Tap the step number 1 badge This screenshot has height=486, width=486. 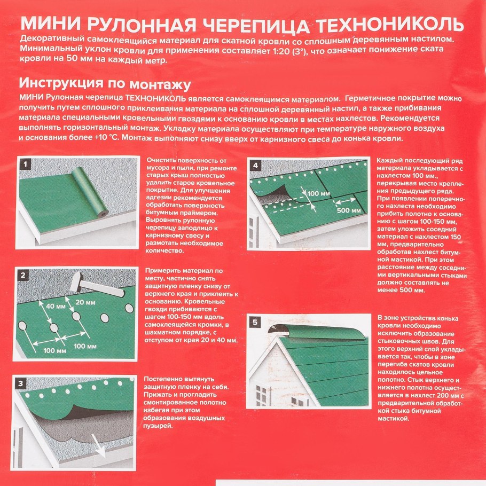click(x=23, y=164)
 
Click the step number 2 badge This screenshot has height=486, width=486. click(x=23, y=276)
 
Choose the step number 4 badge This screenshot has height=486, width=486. click(x=256, y=166)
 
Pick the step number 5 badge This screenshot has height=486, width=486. click(x=256, y=322)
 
